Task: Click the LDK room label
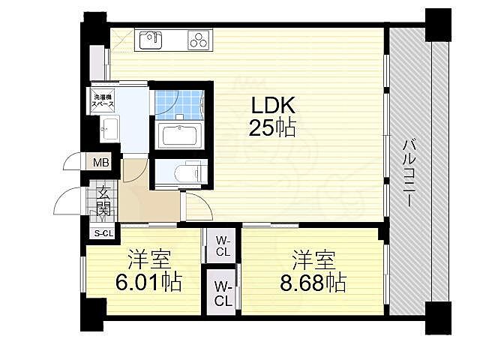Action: [271, 105]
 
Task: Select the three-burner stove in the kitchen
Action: [200, 39]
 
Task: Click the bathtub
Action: [178, 136]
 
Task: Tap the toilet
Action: [184, 172]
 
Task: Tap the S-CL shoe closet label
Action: [102, 233]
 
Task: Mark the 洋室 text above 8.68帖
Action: [314, 260]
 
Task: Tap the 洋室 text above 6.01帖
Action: [148, 260]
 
